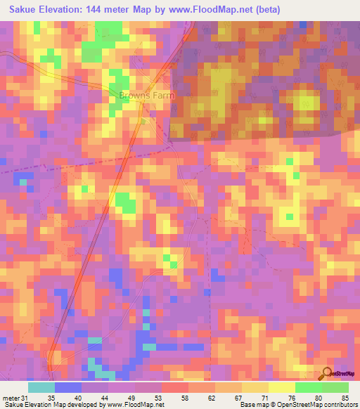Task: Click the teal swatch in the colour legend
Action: click(x=41, y=387)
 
